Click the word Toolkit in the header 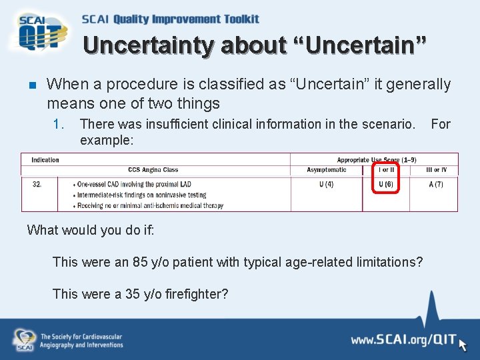(x=233, y=19)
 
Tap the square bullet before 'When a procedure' (x=31, y=85)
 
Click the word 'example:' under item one (x=107, y=141)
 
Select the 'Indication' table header (x=45, y=160)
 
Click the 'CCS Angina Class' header (x=153, y=170)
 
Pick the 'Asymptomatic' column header (x=327, y=170)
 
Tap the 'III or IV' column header (x=437, y=170)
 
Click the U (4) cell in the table (x=327, y=184)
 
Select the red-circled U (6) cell (x=385, y=184)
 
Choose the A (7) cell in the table (x=436, y=184)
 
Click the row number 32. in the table (x=37, y=184)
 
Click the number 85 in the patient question (x=140, y=262)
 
